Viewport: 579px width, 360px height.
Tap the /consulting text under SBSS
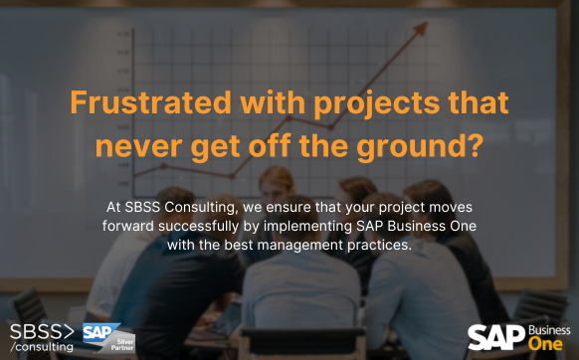[42, 347]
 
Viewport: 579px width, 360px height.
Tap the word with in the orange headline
[247, 103]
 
